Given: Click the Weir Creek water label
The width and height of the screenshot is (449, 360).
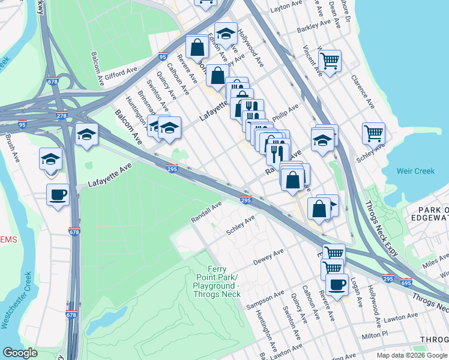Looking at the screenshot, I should coord(415,171).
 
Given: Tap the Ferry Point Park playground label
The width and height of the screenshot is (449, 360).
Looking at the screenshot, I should coord(217,281).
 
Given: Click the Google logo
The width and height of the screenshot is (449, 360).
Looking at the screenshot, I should coord(20,353).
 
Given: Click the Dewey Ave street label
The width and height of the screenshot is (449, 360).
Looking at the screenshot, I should coord(268,256).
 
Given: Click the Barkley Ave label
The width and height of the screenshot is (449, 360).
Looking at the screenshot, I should coord(314,27).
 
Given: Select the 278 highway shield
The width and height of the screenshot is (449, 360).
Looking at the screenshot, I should coord(61,116).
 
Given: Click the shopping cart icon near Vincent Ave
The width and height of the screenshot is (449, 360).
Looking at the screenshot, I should coord(330,60).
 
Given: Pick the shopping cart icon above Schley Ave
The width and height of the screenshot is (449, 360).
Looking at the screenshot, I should coord(373,132).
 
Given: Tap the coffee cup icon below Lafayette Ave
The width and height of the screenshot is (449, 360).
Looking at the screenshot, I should coord(58,194).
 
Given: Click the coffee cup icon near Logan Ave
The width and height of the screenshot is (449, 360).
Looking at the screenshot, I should coord(337,284).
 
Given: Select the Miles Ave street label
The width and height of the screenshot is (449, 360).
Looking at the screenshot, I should coord(435,261).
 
